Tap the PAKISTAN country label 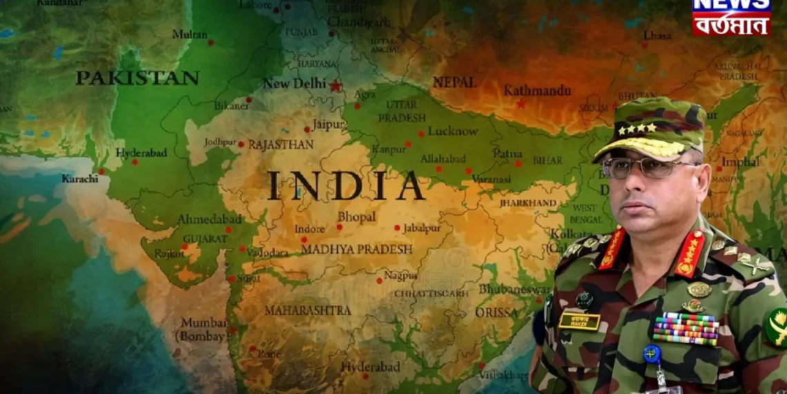(x=137, y=78)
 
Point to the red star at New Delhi (x=336, y=86)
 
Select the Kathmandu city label (x=537, y=91)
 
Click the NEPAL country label (x=454, y=82)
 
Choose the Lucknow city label (x=452, y=131)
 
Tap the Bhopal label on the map (x=356, y=217)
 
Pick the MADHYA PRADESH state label (x=356, y=249)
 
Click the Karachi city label (x=80, y=178)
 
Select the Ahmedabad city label (x=210, y=219)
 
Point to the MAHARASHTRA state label (x=307, y=310)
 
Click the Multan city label (x=189, y=35)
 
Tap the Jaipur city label (x=328, y=125)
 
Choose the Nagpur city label (x=400, y=275)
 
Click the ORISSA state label (x=496, y=312)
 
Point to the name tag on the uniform (x=579, y=320)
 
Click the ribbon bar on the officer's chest (x=685, y=328)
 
